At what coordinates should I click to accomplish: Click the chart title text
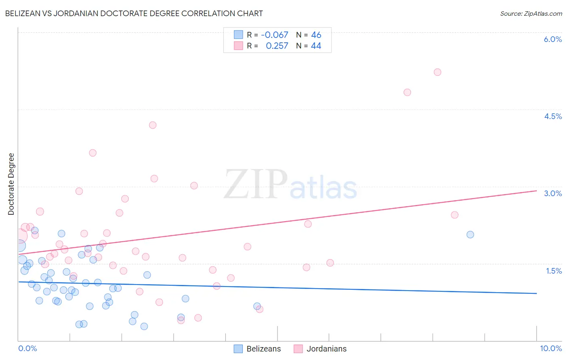click(134, 13)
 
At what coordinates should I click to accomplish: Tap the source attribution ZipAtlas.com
click(531, 13)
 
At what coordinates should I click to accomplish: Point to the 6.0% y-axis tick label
click(552, 39)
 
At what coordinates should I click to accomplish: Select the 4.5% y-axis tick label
click(552, 116)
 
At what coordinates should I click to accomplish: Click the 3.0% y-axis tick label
click(552, 193)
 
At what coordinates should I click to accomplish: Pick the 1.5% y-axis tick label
click(554, 271)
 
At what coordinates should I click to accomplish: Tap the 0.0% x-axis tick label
click(27, 348)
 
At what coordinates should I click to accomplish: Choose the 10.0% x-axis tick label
click(551, 348)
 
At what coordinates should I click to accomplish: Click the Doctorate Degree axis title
click(11, 184)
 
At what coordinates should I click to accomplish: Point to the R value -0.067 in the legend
click(274, 35)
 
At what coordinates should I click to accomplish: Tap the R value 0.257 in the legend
click(277, 46)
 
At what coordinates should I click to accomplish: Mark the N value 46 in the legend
click(316, 35)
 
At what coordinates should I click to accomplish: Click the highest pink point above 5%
click(438, 72)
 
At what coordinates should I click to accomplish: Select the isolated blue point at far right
click(470, 234)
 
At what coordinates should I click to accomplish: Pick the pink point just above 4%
click(152, 125)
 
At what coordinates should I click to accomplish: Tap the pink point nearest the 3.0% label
click(454, 215)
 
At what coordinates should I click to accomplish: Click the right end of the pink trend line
click(536, 190)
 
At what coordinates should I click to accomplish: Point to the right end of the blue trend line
click(536, 293)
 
